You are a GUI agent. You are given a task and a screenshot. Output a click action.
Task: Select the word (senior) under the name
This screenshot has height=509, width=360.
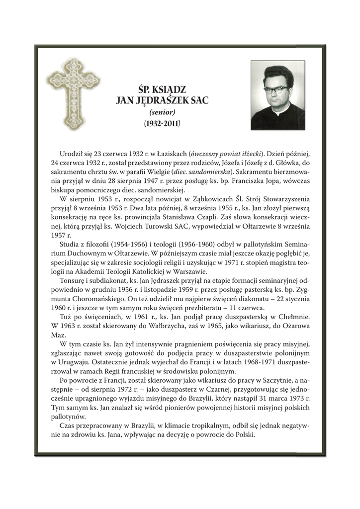pyautogui.click(x=162, y=112)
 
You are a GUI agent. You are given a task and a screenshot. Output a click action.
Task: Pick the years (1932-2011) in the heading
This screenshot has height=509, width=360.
pyautogui.click(x=162, y=122)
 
